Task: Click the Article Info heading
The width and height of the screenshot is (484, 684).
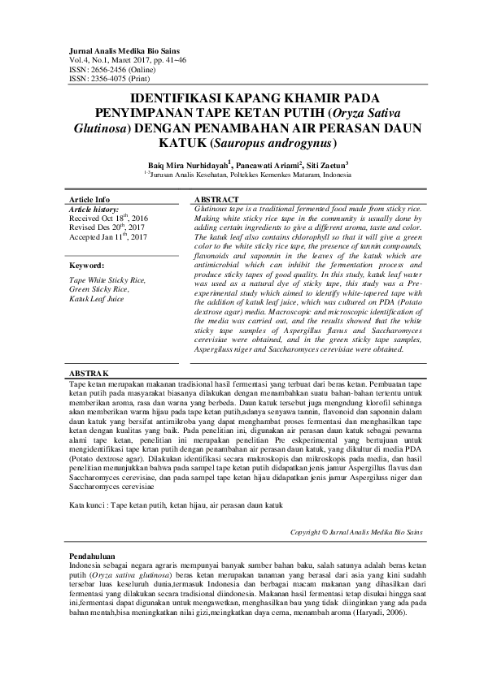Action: [89, 199]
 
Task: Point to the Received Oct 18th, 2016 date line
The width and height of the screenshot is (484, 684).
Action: [109, 219]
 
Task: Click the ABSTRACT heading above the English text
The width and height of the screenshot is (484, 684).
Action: [217, 199]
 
